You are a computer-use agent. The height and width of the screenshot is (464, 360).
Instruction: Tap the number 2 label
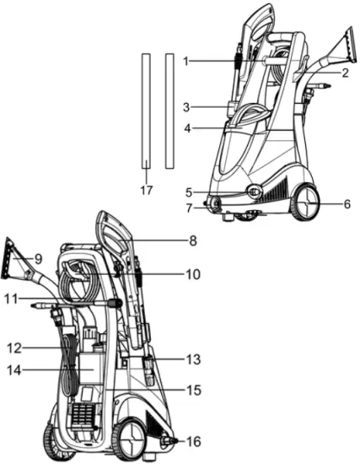pyautogui.click(x=346, y=73)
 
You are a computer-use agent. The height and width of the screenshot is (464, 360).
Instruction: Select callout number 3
pyautogui.click(x=189, y=107)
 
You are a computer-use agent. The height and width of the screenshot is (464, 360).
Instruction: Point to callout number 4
pyautogui.click(x=189, y=128)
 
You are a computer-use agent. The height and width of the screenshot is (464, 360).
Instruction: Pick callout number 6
pyautogui.click(x=347, y=203)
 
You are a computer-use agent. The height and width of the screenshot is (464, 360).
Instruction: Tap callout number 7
pyautogui.click(x=190, y=208)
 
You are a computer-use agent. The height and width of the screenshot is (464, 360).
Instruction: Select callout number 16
pyautogui.click(x=194, y=441)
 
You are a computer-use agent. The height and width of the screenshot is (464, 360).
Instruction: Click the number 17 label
pyautogui.click(x=147, y=191)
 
